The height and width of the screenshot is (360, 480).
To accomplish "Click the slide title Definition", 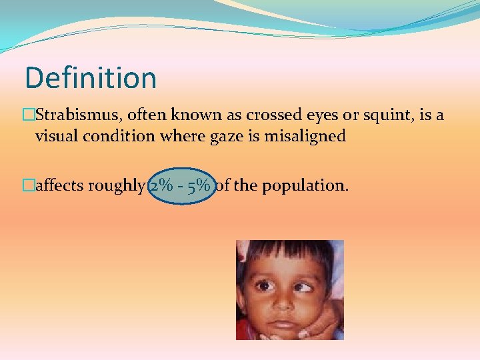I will [x=91, y=78].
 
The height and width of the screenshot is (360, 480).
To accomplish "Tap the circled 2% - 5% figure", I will [x=181, y=185].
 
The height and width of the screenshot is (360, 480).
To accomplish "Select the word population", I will [x=305, y=186].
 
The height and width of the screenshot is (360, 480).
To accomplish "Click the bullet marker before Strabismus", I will [x=29, y=115].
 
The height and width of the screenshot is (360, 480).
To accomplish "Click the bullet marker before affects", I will [x=29, y=185].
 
